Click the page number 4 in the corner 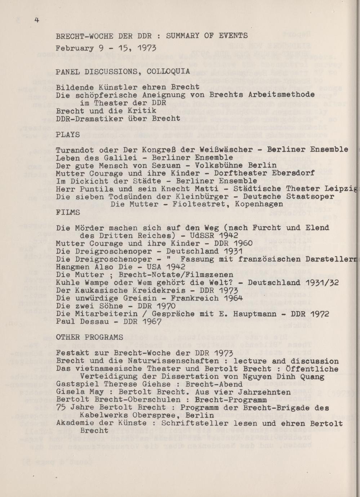37,20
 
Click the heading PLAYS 68,134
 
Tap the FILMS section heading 68,212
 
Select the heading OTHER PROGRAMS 90,337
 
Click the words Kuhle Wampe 79,283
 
